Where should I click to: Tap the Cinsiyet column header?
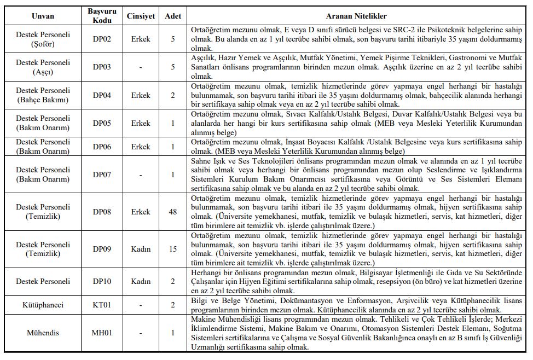(x=140, y=16)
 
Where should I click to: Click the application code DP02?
(x=102, y=39)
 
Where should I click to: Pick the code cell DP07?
(x=102, y=175)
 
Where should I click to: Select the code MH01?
(x=102, y=333)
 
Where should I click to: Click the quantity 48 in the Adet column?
(x=173, y=212)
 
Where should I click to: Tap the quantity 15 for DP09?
(x=173, y=249)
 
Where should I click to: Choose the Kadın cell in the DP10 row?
(x=140, y=281)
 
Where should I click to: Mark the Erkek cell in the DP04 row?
(x=140, y=95)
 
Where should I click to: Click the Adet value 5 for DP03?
(x=173, y=67)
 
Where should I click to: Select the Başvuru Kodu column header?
(x=102, y=16)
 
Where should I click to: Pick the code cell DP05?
(x=102, y=123)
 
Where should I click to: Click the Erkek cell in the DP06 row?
(x=140, y=147)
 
